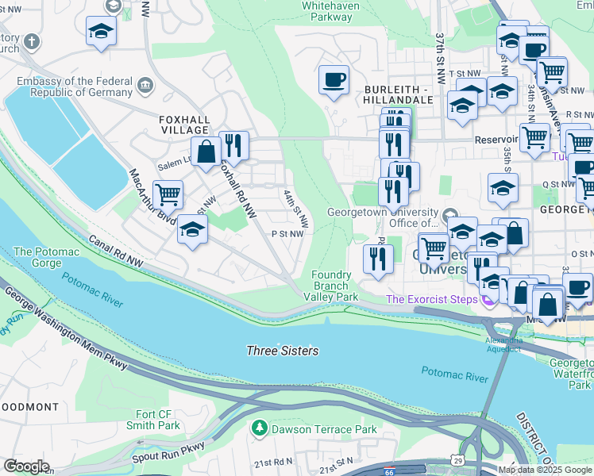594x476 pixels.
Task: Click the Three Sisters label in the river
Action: [283, 351]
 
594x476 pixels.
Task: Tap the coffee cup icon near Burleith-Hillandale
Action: [334, 79]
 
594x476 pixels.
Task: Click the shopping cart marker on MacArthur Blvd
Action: [168, 193]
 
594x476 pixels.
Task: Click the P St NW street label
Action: [287, 234]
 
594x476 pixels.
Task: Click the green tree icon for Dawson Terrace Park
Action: [258, 429]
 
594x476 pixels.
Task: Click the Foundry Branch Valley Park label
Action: [331, 286]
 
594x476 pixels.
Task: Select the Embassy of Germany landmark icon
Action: [145, 85]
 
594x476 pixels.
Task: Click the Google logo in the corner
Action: [26, 466]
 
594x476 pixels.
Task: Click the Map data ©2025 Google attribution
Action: [545, 470]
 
